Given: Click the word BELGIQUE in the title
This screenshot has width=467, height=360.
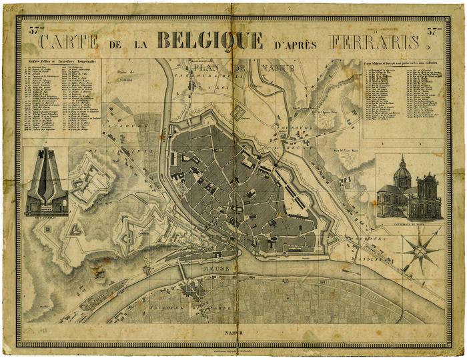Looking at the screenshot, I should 210,41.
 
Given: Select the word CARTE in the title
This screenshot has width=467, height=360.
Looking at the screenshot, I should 69,41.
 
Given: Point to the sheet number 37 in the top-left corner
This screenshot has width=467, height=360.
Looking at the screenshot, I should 33,29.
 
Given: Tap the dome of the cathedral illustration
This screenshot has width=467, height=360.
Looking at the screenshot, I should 401,173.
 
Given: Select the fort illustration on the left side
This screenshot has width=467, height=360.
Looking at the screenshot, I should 46,183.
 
